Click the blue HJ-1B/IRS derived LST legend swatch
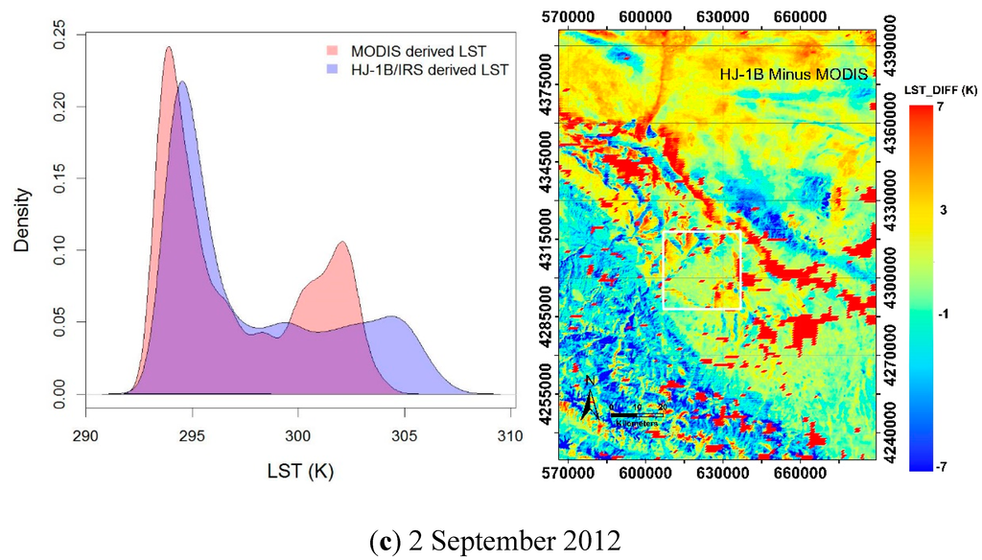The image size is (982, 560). (334, 69)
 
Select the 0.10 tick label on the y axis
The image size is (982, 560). (59, 249)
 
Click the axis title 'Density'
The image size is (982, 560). (23, 218)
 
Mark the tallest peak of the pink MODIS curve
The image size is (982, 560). (169, 47)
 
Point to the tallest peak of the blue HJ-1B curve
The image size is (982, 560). (182, 82)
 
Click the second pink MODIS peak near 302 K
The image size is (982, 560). (341, 242)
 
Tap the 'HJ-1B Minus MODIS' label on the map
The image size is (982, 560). (793, 74)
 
